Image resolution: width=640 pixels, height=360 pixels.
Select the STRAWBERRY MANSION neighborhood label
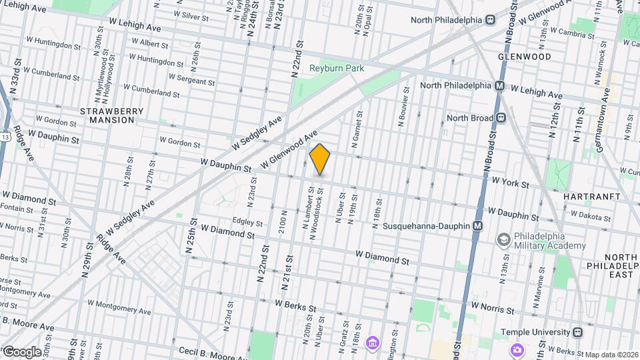pyautogui.click(x=107, y=115)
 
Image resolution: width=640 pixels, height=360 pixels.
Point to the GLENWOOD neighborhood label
pyautogui.click(x=525, y=57)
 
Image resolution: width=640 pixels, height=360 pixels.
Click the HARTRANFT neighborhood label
pyautogui.click(x=591, y=197)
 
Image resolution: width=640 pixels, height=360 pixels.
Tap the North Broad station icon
pyautogui.click(x=501, y=118)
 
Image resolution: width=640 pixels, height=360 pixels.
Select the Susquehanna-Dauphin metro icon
pyautogui.click(x=477, y=227)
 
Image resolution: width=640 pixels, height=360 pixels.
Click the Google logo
pyautogui.click(x=21, y=352)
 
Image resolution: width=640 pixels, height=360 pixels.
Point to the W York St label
pyautogui.click(x=510, y=183)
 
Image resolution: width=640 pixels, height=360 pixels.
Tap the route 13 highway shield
pyautogui.click(x=5, y=136)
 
